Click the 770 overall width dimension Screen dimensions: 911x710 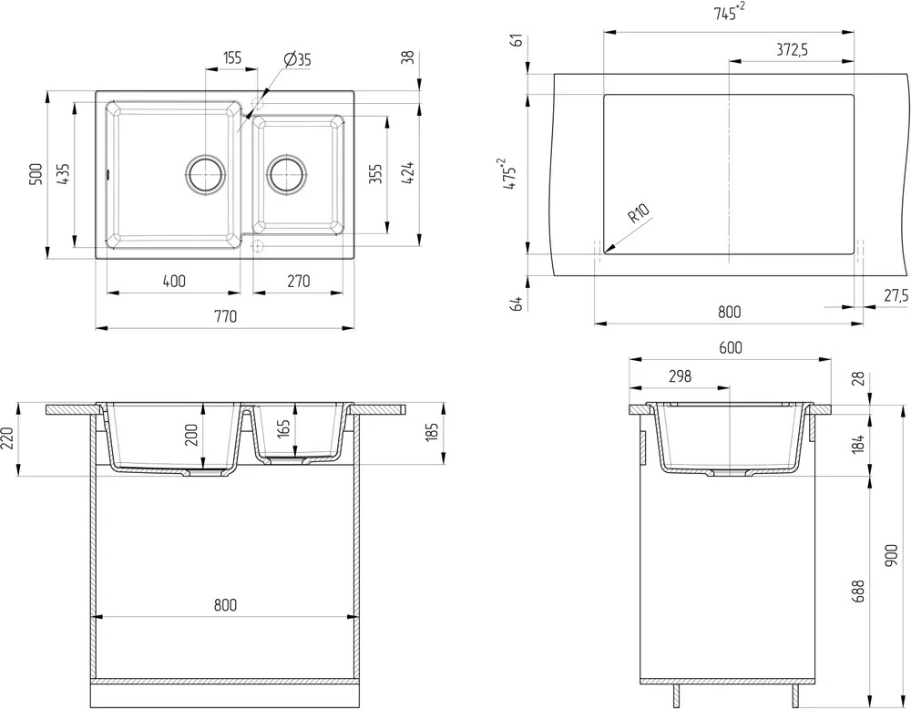[x=225, y=316]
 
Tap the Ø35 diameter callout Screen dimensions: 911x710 [x=298, y=58]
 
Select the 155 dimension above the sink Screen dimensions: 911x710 [x=231, y=57]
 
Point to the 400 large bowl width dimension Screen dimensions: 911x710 [x=174, y=282]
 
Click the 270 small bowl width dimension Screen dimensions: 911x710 [x=299, y=282]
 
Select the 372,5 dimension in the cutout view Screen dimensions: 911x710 [x=793, y=50]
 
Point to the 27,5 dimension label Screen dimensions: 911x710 [x=896, y=295]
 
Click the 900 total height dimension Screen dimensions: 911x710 [x=893, y=555]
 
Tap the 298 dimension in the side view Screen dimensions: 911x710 [x=680, y=376]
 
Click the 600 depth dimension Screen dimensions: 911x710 [x=731, y=348]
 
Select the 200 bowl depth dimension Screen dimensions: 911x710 [x=191, y=435]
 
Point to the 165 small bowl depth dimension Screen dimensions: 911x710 [x=283, y=428]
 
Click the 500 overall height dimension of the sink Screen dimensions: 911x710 [x=36, y=174]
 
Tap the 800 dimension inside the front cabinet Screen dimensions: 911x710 [x=225, y=605]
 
